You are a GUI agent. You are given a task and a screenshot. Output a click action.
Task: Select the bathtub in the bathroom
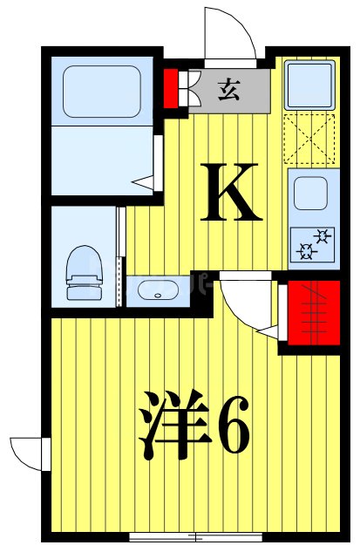click(102, 92)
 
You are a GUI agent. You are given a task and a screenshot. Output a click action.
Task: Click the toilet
click(83, 267)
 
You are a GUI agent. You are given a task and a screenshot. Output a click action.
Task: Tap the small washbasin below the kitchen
click(158, 292)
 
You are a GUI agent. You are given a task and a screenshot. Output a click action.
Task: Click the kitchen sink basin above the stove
click(310, 194)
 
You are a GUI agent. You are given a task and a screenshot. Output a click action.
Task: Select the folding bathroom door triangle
click(145, 182)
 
